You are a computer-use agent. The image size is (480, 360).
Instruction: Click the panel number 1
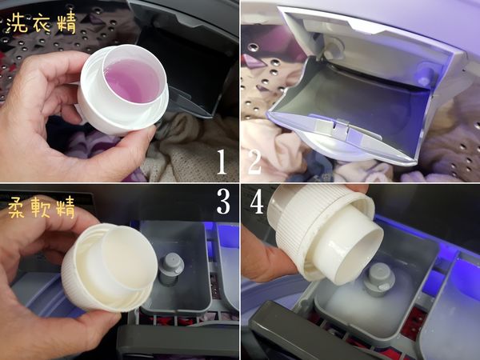[x=222, y=162]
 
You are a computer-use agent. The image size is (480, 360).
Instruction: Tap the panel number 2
[x=255, y=162]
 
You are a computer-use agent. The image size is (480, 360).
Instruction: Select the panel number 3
[x=223, y=202]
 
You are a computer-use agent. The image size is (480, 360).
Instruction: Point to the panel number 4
[x=257, y=202]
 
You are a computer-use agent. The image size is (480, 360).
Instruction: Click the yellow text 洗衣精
[x=41, y=23]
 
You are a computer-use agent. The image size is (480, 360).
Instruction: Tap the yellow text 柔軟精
[x=42, y=207]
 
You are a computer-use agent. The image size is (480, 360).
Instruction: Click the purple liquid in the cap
[x=132, y=80]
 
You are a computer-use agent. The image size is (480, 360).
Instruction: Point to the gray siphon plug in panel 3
[x=171, y=269]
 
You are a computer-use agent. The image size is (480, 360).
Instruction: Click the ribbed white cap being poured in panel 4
[x=325, y=233]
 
